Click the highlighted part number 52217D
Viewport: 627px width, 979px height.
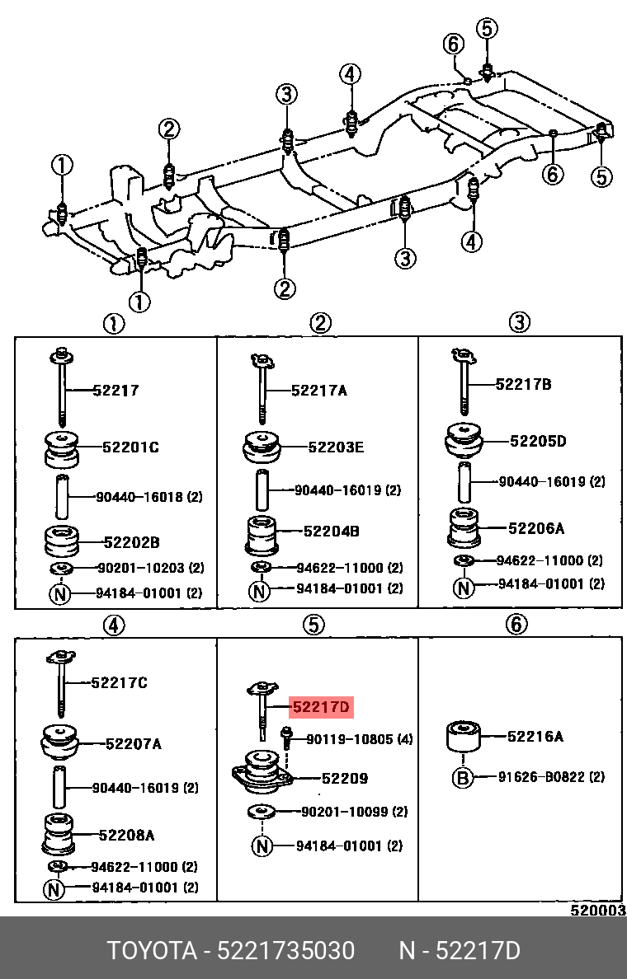(320, 707)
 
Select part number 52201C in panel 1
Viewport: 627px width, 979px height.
(130, 447)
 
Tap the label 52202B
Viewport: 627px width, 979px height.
(131, 542)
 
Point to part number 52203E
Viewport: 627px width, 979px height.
(336, 447)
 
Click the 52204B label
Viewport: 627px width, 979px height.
(331, 532)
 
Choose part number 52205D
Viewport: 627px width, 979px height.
(537, 441)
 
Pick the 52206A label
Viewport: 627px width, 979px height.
(536, 528)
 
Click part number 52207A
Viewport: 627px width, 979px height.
(133, 744)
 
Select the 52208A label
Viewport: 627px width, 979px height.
(126, 835)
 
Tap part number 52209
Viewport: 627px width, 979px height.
(344, 778)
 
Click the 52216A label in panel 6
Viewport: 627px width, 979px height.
(535, 737)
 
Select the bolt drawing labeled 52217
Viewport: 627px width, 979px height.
(63, 387)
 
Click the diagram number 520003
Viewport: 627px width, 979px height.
(598, 910)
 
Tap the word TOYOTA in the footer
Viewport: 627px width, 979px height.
(151, 951)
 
